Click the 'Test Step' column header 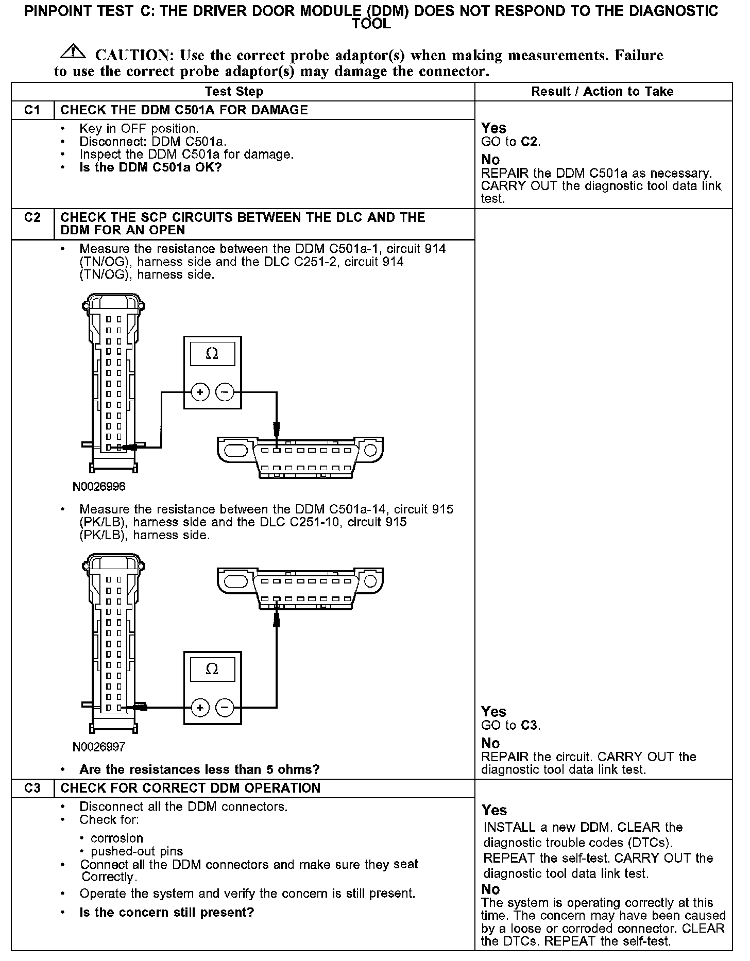pyautogui.click(x=234, y=92)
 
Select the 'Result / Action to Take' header pyautogui.click(x=602, y=92)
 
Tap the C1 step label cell pyautogui.click(x=32, y=110)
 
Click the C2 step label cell pyautogui.click(x=32, y=218)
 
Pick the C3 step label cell pyautogui.click(x=32, y=788)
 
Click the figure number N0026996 pyautogui.click(x=99, y=487)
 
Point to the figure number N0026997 pyautogui.click(x=99, y=746)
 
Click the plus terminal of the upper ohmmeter pyautogui.click(x=200, y=392)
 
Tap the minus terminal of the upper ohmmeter pyautogui.click(x=224, y=392)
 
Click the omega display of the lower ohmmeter pyautogui.click(x=212, y=669)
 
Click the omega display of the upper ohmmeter pyautogui.click(x=212, y=354)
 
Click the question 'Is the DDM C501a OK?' pyautogui.click(x=150, y=167)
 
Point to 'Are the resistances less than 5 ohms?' pyautogui.click(x=199, y=769)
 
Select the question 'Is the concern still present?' pyautogui.click(x=167, y=913)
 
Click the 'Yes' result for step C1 pyautogui.click(x=493, y=128)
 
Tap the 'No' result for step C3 pyautogui.click(x=490, y=889)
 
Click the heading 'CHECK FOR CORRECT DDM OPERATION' pyautogui.click(x=190, y=788)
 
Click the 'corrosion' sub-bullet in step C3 pyautogui.click(x=117, y=838)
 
